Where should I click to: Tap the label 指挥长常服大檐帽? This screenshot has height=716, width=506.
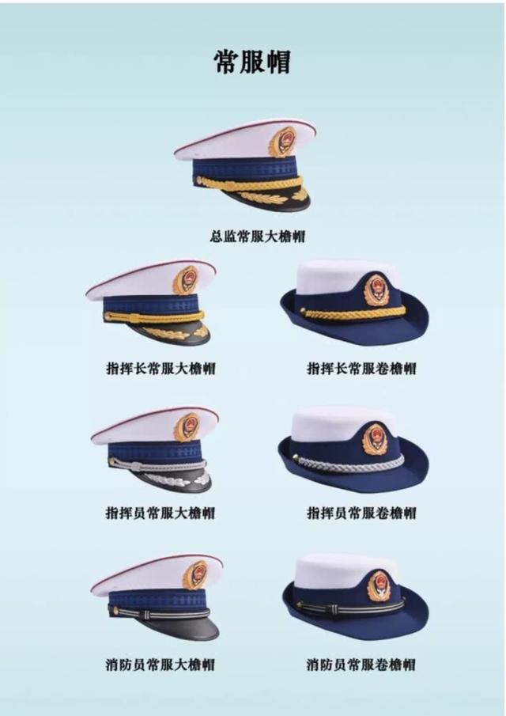tap(160, 369)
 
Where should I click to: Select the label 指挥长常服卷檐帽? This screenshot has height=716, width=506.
tap(361, 369)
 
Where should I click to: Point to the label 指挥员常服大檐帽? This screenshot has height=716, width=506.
tap(160, 513)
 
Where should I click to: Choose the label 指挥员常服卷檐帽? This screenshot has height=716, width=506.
tap(361, 513)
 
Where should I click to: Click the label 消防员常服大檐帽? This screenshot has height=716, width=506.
tap(160, 665)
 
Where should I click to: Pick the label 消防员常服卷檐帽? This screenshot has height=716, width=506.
tap(361, 665)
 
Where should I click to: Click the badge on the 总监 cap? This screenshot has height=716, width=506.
tap(282, 142)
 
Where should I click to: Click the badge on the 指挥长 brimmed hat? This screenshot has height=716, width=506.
tap(376, 289)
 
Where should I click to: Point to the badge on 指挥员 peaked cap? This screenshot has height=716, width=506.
tap(187, 426)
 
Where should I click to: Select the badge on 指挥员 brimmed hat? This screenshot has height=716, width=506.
tap(376, 438)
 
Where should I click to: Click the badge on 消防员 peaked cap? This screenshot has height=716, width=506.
tap(194, 574)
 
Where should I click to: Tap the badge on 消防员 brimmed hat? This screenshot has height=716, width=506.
tap(379, 584)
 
